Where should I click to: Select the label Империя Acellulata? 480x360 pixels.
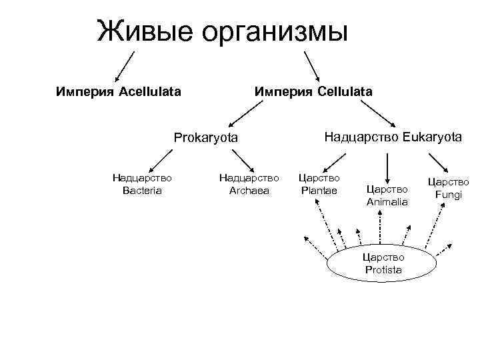[x=118, y=91]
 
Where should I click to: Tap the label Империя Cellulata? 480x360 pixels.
[x=312, y=91]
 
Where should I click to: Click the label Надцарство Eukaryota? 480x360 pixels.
[x=393, y=137]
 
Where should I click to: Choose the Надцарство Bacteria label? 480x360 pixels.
[x=142, y=184]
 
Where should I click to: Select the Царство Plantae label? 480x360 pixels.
[x=319, y=184]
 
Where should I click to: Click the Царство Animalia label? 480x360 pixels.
[x=387, y=195]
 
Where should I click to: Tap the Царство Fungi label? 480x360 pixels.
[x=448, y=187]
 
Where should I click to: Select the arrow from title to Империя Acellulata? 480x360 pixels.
[x=125, y=67]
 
